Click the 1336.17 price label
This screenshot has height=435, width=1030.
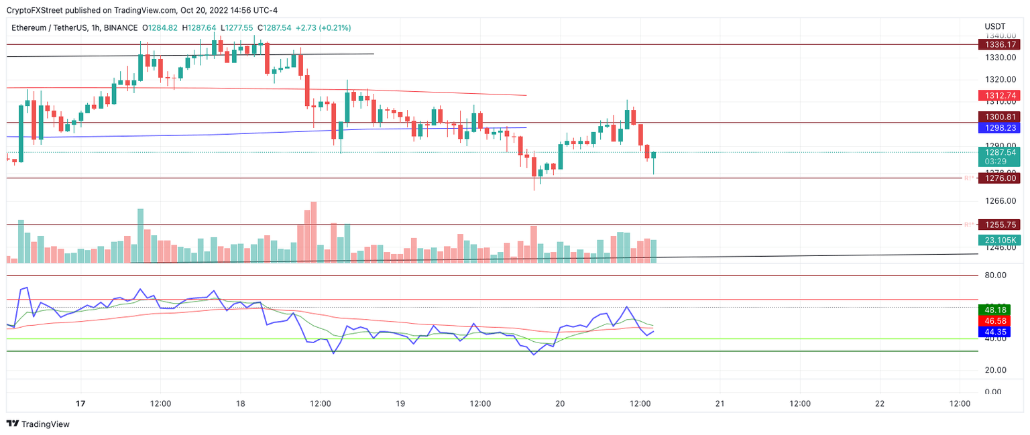(999, 44)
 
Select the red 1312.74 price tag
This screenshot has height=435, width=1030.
(999, 96)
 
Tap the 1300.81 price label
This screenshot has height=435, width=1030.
(999, 117)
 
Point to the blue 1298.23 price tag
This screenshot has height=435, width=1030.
(999, 127)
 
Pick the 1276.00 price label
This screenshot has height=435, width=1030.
(999, 178)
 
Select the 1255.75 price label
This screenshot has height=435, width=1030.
(999, 225)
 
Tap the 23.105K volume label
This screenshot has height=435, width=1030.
(999, 240)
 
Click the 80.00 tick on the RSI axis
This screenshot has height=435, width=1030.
(996, 275)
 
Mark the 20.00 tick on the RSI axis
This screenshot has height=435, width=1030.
(996, 370)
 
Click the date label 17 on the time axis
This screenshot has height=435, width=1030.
(80, 404)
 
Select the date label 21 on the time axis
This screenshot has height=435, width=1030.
(720, 404)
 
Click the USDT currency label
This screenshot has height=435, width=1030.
(995, 26)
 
